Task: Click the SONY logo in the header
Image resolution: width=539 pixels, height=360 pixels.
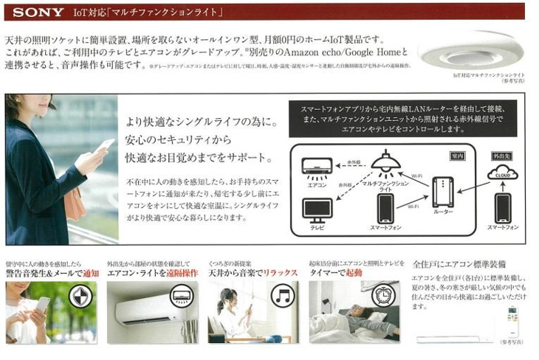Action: pyautogui.click(x=37, y=13)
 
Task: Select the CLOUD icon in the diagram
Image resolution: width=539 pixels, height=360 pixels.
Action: pyautogui.click(x=503, y=173)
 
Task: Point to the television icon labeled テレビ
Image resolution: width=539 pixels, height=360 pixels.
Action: pyautogui.click(x=317, y=210)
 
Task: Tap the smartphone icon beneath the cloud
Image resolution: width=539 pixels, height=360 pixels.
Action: pyautogui.click(x=503, y=208)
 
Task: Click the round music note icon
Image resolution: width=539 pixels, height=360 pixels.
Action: pyautogui.click(x=282, y=296)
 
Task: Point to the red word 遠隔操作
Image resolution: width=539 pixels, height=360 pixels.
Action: pyautogui.click(x=181, y=273)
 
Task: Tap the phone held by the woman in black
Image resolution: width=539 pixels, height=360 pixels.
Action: pyautogui.click(x=104, y=146)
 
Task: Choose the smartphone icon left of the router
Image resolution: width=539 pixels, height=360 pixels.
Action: pyautogui.click(x=385, y=209)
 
